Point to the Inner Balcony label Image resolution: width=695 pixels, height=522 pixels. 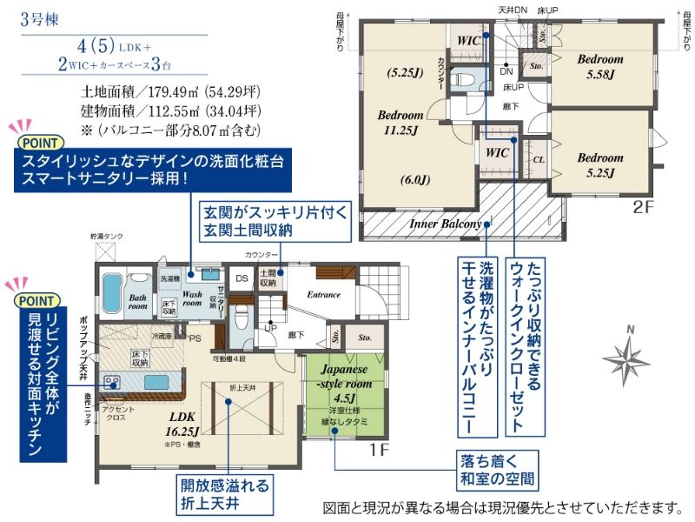(446, 224)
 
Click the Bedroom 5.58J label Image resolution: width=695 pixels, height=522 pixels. (600, 66)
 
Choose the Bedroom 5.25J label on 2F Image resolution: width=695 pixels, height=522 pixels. (600, 165)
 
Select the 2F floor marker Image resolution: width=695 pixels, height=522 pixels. (642, 209)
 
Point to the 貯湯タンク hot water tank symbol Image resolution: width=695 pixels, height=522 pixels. (106, 251)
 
